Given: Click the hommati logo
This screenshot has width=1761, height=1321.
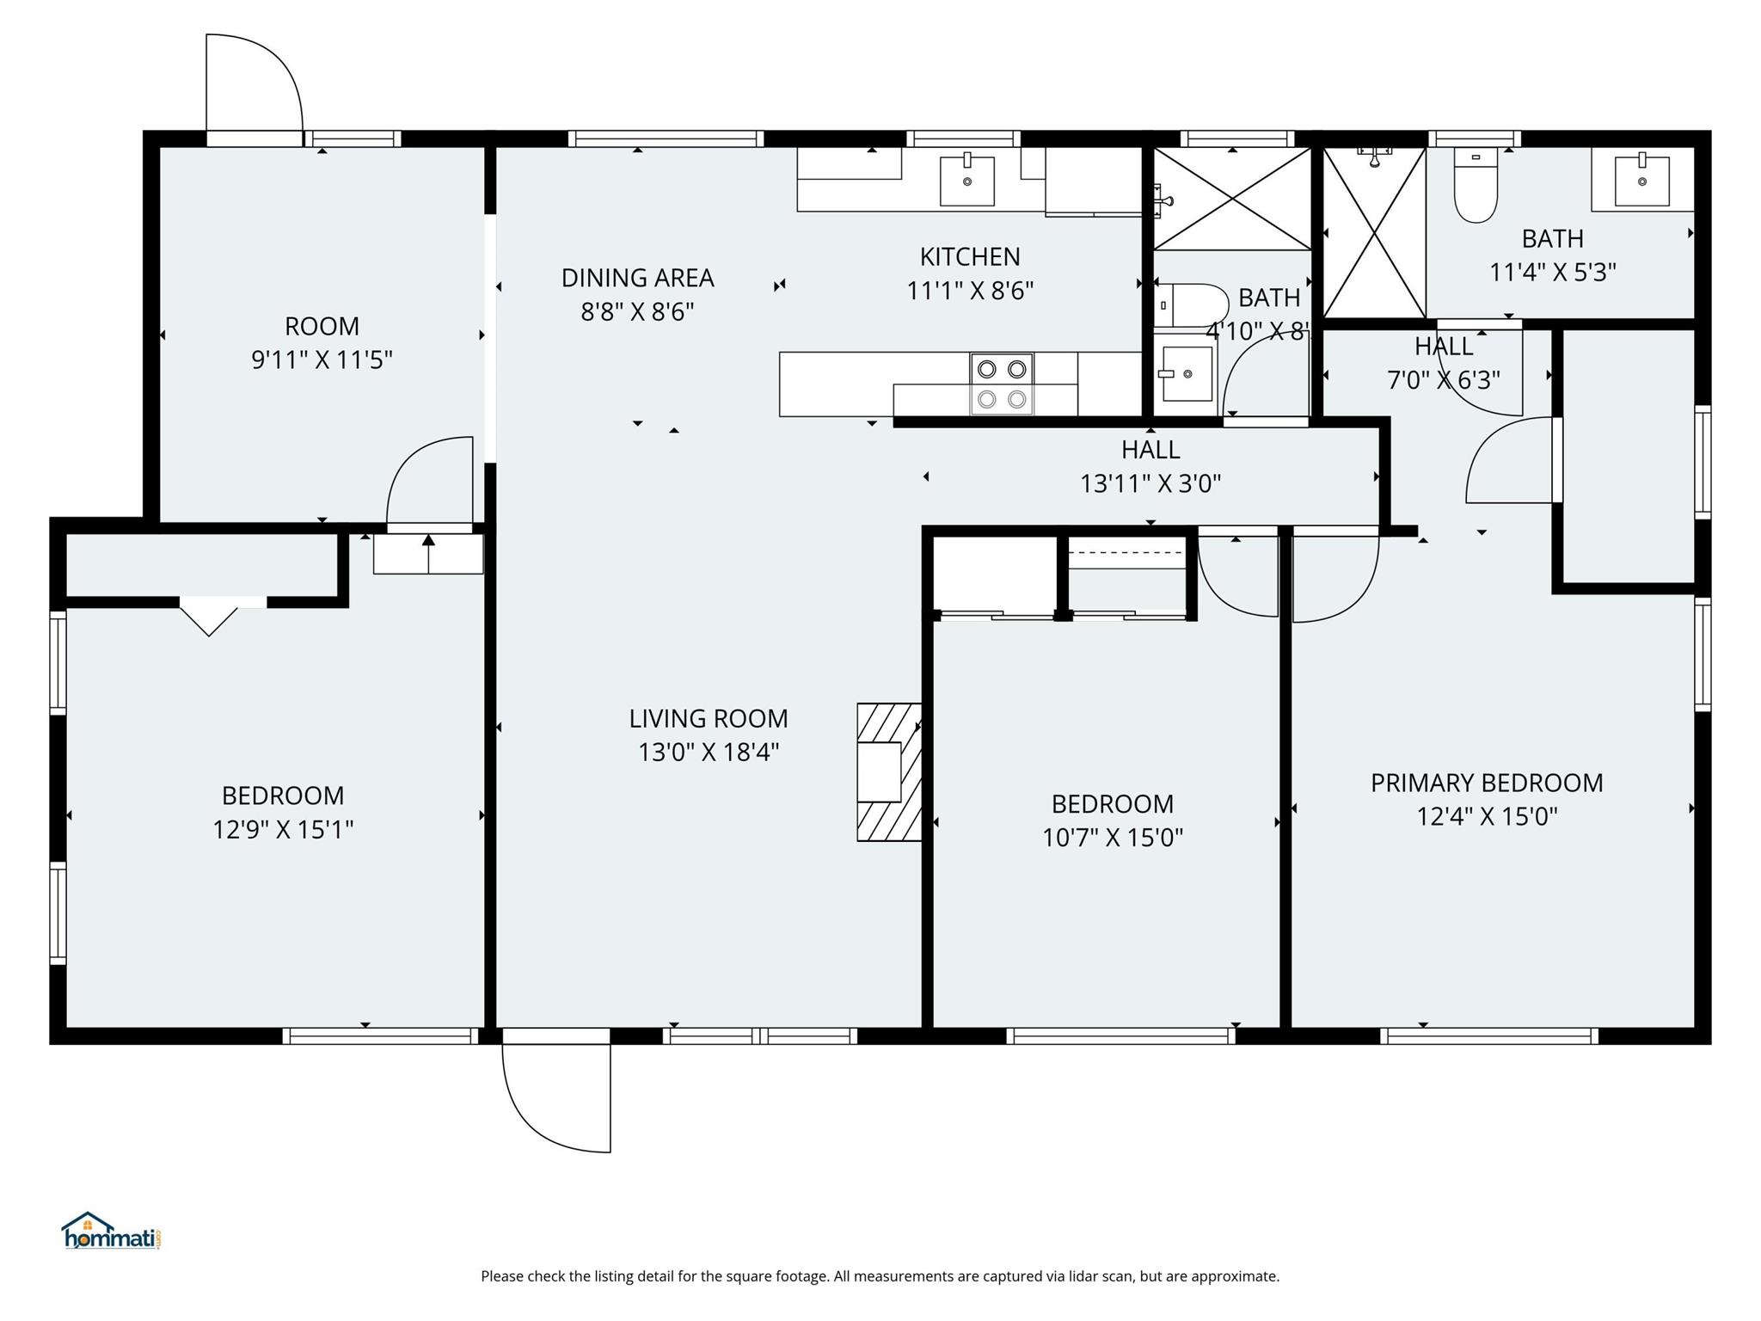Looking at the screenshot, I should click(111, 1232).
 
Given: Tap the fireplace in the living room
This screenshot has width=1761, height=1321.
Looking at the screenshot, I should click(888, 771).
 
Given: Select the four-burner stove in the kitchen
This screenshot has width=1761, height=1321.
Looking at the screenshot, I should click(1002, 384).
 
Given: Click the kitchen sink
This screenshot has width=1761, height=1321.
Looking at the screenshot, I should click(966, 181).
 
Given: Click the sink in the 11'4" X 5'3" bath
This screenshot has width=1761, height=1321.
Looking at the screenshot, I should click(1641, 181).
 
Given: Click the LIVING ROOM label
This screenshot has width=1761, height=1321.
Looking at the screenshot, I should click(708, 718).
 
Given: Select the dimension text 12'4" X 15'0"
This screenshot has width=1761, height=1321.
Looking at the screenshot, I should click(1487, 816).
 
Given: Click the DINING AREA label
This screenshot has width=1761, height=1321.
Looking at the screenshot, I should click(637, 278).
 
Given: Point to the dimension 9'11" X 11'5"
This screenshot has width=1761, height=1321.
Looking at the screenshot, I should click(322, 359).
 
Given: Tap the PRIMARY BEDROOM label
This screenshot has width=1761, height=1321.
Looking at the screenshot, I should click(1487, 783).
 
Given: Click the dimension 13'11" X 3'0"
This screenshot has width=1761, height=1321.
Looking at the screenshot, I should click(1150, 483).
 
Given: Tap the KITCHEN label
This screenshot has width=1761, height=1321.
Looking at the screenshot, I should click(970, 256).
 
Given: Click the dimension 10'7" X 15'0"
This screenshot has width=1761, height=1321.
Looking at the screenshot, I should click(1112, 837).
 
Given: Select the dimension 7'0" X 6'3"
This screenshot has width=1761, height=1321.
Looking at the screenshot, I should click(1443, 379).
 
